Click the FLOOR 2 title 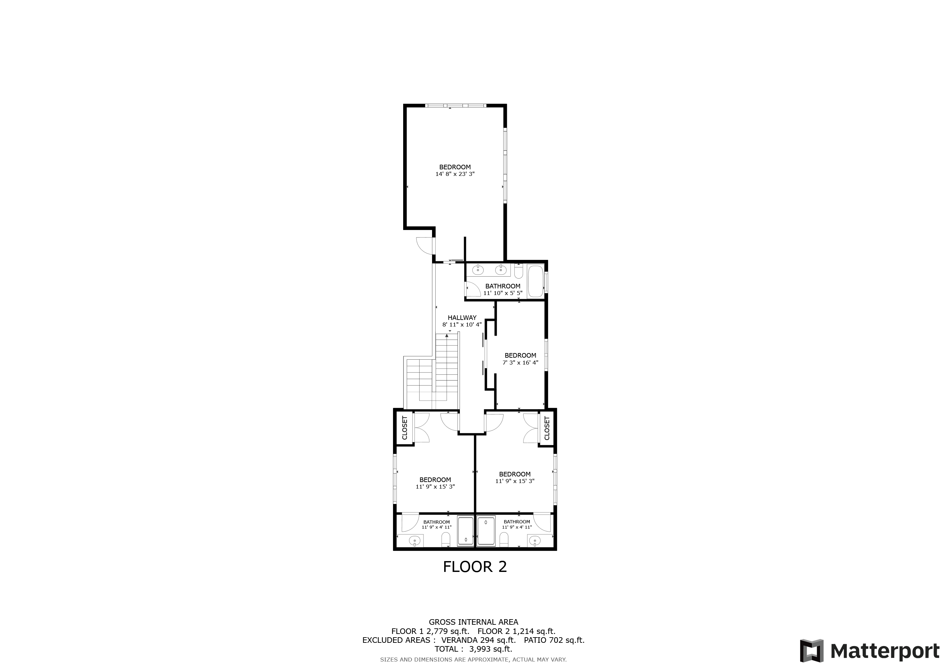(x=475, y=567)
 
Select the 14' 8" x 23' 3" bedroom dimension (x=455, y=174)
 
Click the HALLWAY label (x=462, y=318)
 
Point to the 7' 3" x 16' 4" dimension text (x=520, y=363)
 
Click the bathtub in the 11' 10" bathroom (x=535, y=281)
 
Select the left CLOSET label (x=405, y=428)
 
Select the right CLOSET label (x=547, y=428)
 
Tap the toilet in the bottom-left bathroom (x=445, y=539)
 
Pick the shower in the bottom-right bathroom (x=486, y=531)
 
